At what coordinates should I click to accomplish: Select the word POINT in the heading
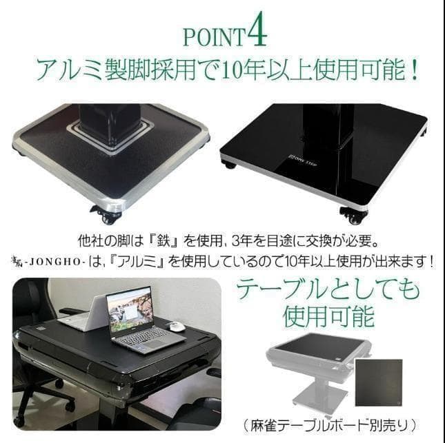212,36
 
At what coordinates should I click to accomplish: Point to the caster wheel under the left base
108,216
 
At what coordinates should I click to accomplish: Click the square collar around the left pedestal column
110,134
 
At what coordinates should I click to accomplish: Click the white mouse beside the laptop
177,327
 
